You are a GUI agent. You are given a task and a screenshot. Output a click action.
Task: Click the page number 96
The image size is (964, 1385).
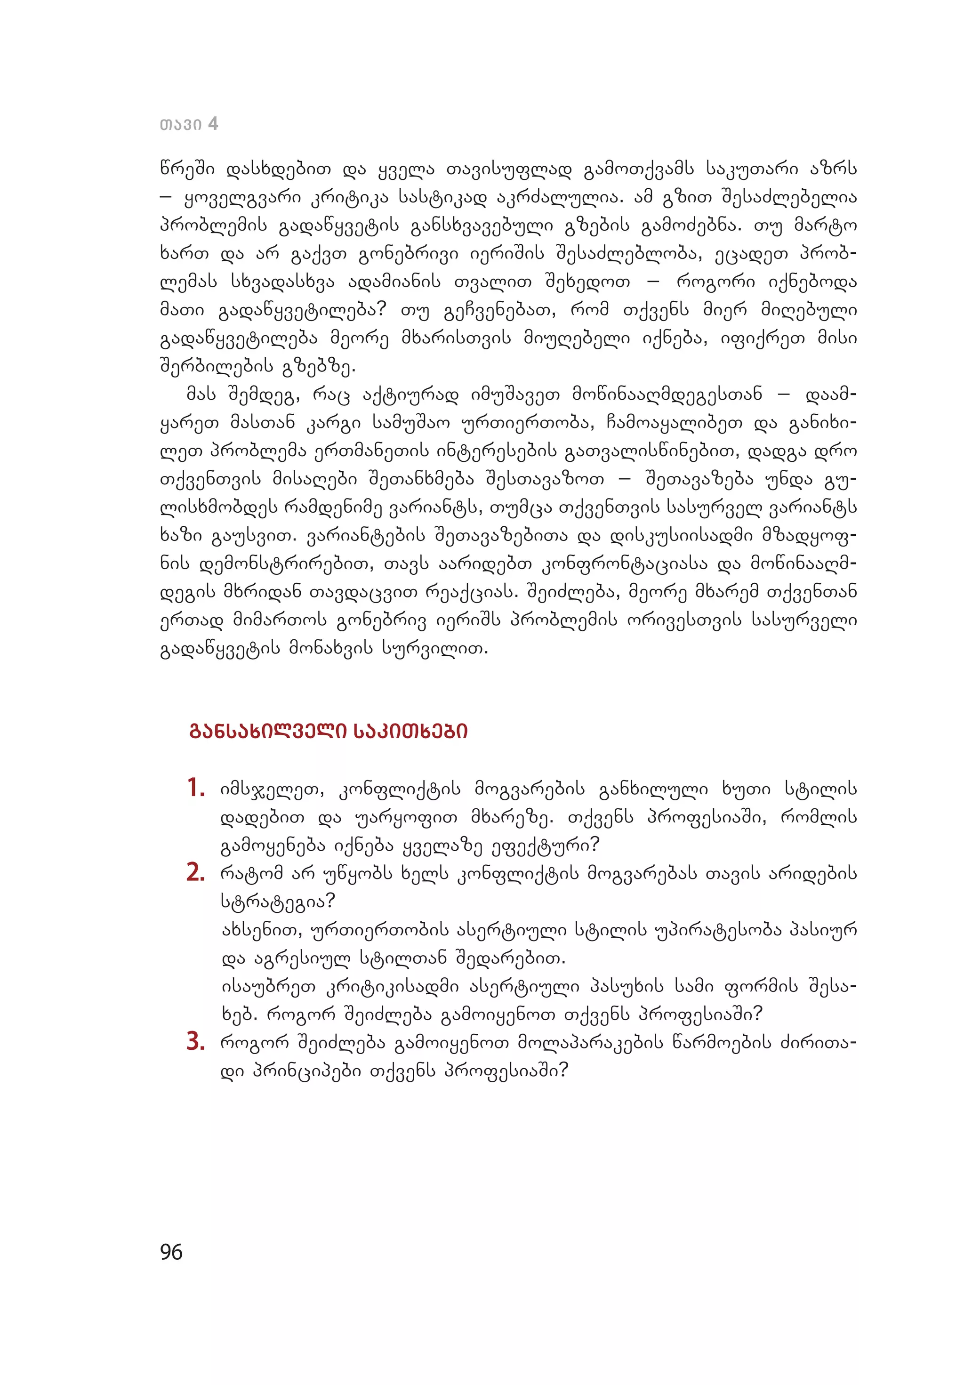(x=171, y=1252)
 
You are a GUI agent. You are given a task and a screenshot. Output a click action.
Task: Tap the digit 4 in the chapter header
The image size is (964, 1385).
(x=212, y=124)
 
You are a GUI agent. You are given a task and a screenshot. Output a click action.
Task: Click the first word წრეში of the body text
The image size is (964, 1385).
(x=186, y=169)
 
